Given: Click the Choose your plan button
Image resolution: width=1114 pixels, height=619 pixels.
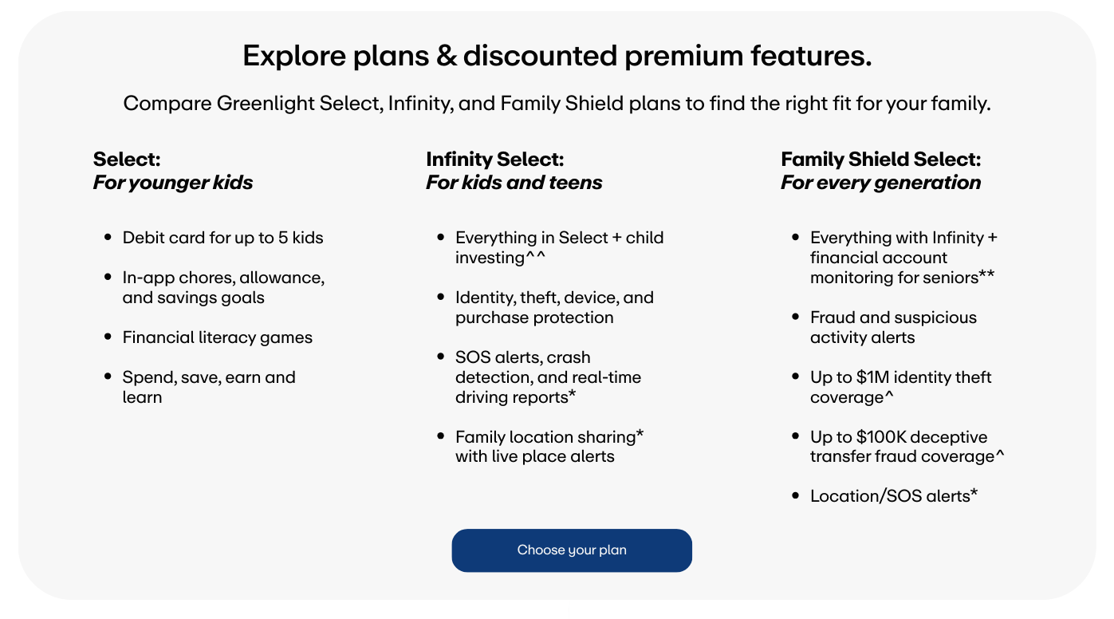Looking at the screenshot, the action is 572,550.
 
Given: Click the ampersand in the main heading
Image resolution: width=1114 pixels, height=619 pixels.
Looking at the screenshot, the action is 447,55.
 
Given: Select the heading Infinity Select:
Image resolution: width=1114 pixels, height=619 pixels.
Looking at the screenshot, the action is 495,160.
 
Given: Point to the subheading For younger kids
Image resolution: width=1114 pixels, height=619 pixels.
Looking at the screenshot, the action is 172,182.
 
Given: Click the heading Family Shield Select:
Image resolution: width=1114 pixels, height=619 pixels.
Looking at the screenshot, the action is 881,160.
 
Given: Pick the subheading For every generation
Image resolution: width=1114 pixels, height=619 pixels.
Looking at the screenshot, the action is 881,182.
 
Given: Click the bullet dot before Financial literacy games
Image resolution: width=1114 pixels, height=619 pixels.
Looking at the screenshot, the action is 108,337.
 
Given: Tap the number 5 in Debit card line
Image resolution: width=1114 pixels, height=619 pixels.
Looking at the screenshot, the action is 282,238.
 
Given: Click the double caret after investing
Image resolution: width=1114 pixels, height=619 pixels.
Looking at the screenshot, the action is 535,255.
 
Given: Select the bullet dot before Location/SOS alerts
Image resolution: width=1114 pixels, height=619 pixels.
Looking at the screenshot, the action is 795,495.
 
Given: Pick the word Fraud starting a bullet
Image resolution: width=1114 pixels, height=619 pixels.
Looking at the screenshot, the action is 831,317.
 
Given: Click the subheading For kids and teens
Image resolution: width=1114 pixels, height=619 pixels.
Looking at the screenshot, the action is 514,182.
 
